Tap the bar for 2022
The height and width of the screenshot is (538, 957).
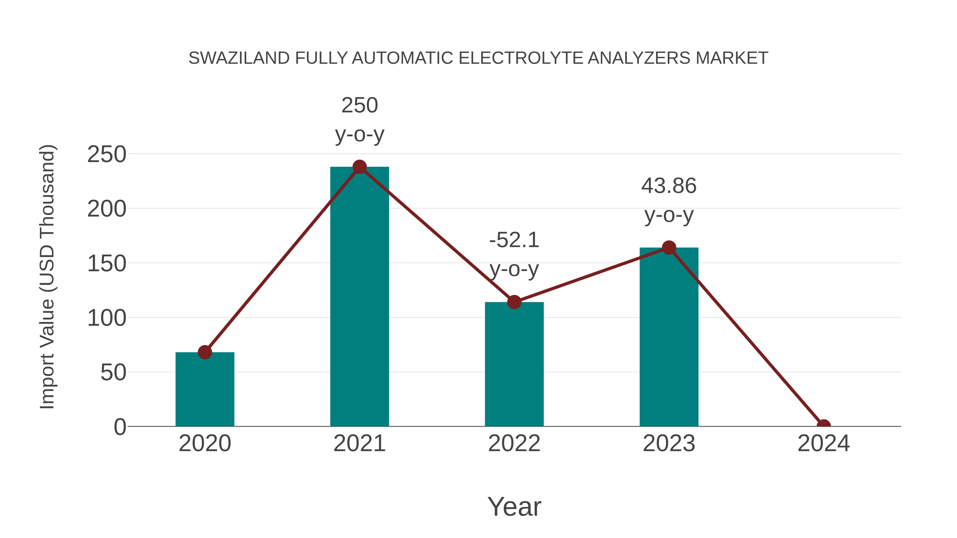click(514, 364)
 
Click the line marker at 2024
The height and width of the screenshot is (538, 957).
click(824, 426)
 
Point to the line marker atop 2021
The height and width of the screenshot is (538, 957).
click(359, 167)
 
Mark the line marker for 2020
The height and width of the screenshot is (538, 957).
click(205, 352)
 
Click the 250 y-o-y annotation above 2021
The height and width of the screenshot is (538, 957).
click(359, 120)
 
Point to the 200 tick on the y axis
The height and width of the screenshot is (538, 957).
click(107, 209)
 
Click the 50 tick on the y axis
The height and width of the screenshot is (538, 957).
click(113, 372)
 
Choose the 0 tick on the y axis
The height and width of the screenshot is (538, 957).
click(120, 427)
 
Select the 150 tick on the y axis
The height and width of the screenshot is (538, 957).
click(107, 264)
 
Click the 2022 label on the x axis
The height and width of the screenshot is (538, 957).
click(514, 443)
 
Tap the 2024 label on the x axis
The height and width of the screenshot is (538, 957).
click(824, 443)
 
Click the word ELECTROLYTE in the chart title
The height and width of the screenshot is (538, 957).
click(521, 58)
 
